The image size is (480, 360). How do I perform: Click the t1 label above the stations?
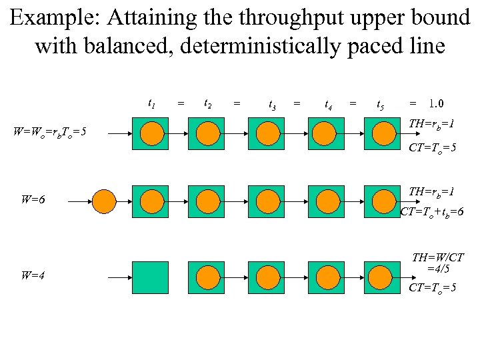coord(151,104)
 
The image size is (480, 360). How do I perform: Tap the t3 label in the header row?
coord(272,105)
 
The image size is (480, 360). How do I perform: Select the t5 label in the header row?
coord(380,105)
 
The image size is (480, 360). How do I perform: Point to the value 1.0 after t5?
coord(437,104)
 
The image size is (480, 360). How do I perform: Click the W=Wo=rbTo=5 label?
coord(49,131)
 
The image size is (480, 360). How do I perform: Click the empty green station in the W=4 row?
coord(150,277)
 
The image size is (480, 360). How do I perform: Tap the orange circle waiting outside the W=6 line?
coord(104,201)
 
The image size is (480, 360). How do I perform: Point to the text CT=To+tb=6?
coord(432,212)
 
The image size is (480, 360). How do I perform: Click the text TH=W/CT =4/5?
coord(437,263)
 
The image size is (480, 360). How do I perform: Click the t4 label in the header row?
coord(329,105)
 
